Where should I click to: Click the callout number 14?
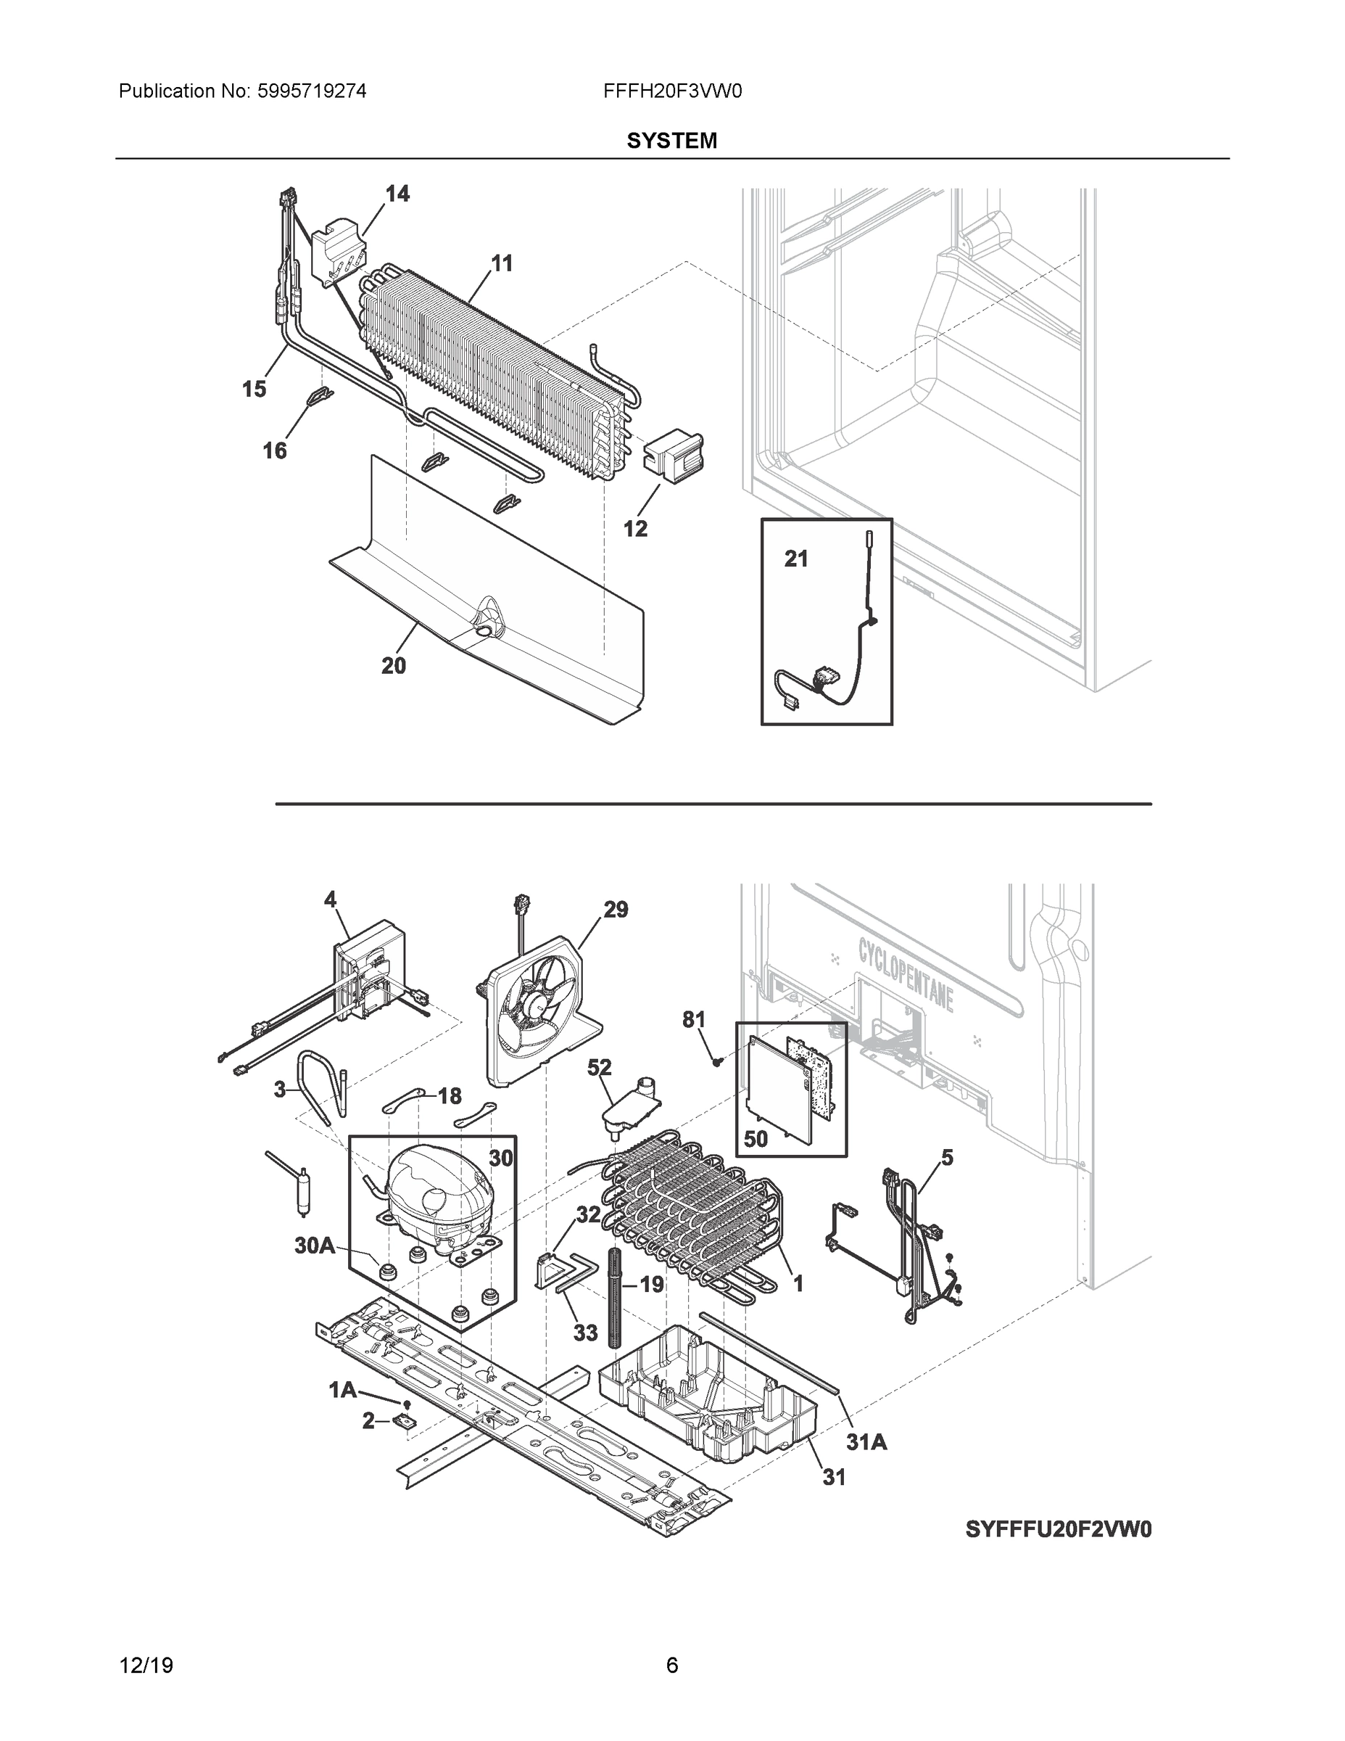tap(397, 194)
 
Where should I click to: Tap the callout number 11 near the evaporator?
tap(501, 263)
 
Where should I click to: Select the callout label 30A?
tap(315, 1245)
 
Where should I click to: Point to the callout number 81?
tap(694, 1018)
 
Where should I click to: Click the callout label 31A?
tap(866, 1441)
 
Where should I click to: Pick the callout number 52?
tap(599, 1066)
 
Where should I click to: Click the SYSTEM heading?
tap(671, 141)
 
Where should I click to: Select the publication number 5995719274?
tap(311, 91)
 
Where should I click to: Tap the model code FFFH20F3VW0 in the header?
tap(673, 91)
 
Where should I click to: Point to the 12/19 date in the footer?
tap(146, 1666)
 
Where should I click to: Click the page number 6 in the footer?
tap(671, 1666)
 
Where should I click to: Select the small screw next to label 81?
tap(717, 1061)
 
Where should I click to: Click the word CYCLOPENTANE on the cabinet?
tap(906, 974)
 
